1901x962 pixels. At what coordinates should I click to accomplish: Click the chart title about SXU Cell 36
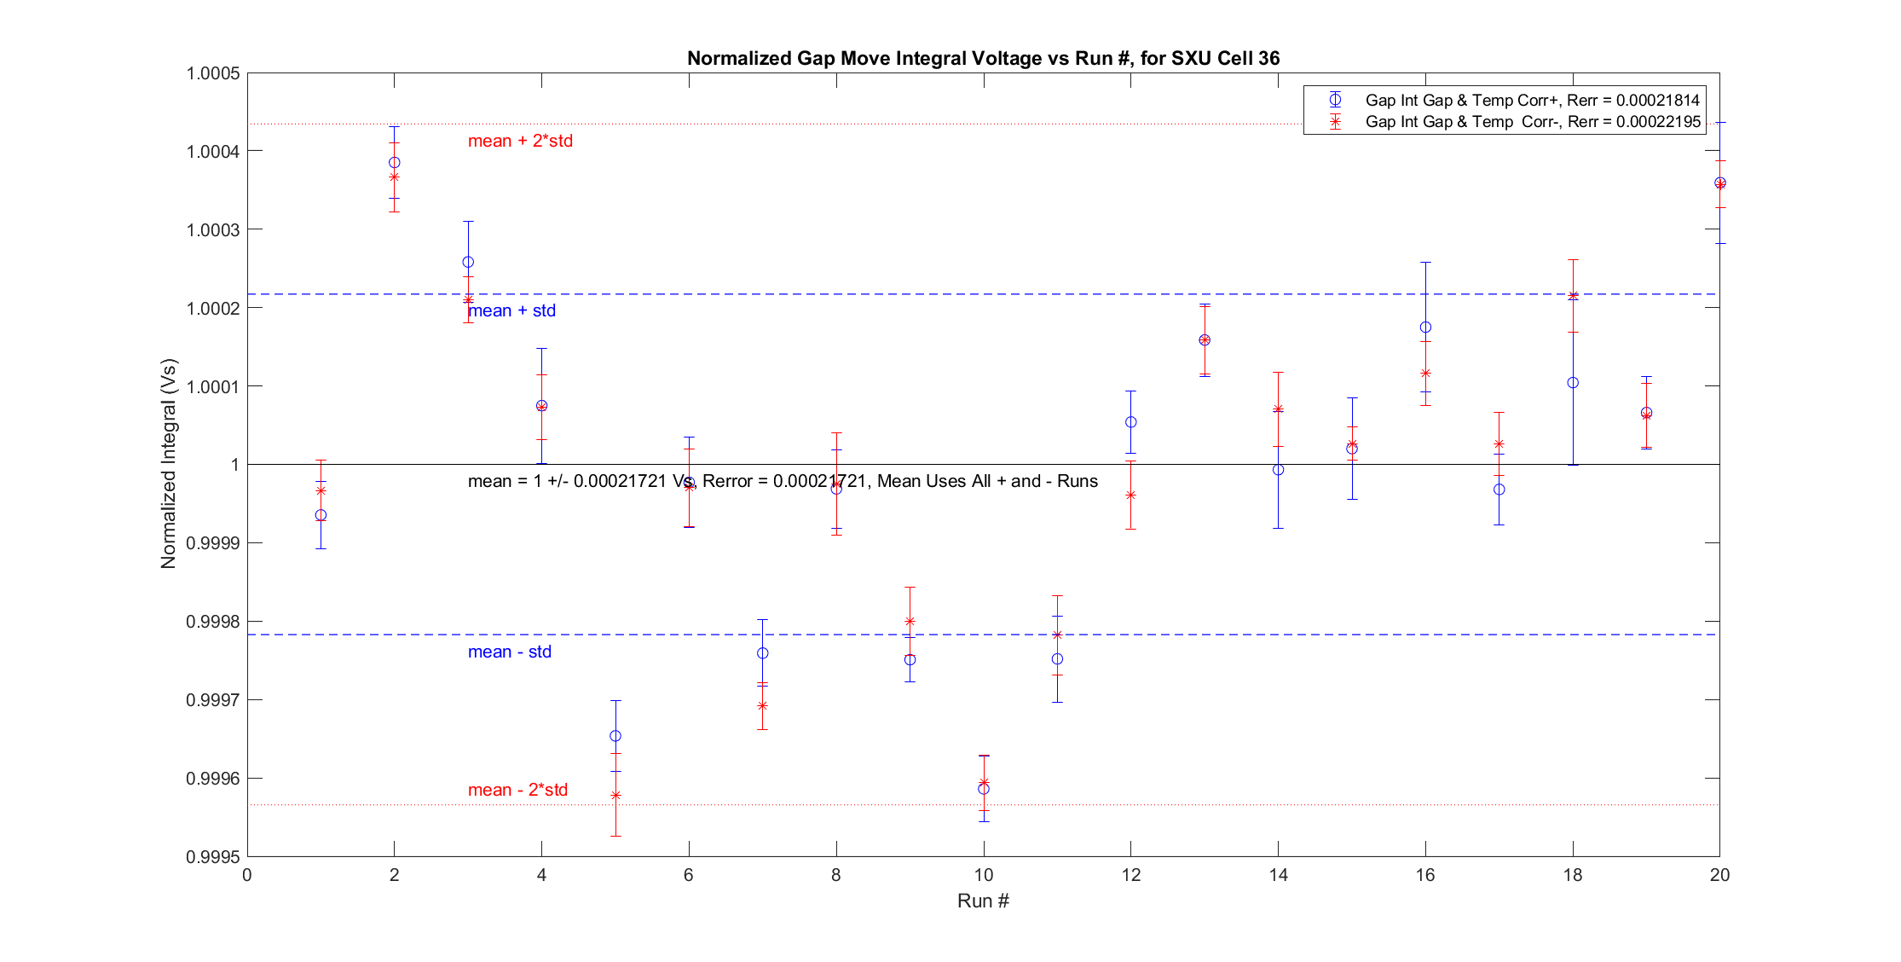tap(983, 58)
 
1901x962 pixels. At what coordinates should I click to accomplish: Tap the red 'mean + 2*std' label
tap(520, 141)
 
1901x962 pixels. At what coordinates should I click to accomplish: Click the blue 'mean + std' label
tap(511, 310)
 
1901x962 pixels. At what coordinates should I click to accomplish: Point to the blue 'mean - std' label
tap(509, 652)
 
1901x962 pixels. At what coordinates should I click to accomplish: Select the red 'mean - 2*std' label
tap(517, 790)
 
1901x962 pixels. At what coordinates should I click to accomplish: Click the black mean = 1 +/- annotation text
tap(783, 481)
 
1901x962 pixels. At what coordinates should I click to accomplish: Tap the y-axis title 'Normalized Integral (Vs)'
tap(168, 464)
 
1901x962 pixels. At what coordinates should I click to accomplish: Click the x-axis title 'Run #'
tap(983, 901)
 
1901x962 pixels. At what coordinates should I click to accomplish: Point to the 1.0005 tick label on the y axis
tap(213, 73)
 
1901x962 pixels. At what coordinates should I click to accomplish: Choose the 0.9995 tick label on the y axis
tap(213, 857)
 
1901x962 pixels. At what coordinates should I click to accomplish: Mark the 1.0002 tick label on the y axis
tap(213, 308)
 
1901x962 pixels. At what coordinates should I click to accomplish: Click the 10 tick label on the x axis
tap(984, 875)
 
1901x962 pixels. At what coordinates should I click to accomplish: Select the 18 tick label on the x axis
tap(1573, 875)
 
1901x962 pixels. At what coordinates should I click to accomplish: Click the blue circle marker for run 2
tap(395, 162)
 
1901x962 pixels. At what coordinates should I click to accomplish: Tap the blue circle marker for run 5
tap(615, 736)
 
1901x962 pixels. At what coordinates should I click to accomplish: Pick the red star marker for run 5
tap(615, 795)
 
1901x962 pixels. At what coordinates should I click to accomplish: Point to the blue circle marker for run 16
tap(1425, 327)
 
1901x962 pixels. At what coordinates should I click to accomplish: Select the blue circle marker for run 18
tap(1573, 383)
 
